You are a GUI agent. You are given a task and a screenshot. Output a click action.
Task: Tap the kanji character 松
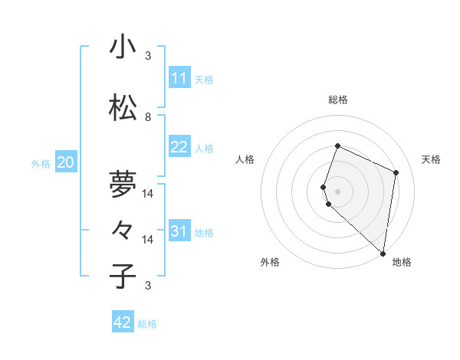click(123, 108)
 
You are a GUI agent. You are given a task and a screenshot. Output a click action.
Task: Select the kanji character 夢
click(123, 184)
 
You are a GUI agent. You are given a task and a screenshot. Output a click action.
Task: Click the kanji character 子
click(123, 276)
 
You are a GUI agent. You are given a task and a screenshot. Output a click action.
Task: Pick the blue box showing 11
click(179, 78)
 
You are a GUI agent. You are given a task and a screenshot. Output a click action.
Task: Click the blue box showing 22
click(179, 147)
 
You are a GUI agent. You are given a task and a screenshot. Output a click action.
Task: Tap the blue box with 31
click(179, 231)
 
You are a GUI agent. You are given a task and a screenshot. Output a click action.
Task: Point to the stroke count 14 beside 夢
click(148, 194)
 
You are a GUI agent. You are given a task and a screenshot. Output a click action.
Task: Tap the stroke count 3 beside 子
click(148, 286)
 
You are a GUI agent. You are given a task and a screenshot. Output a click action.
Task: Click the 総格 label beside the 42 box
click(147, 324)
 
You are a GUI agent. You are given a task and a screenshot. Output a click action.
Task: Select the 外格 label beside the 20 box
click(41, 163)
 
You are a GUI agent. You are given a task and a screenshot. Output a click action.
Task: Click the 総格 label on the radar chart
click(338, 100)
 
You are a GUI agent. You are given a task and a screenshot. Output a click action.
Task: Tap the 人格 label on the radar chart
click(245, 159)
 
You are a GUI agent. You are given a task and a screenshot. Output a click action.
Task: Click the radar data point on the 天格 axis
click(396, 172)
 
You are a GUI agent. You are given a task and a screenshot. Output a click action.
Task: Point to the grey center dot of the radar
click(338, 191)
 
